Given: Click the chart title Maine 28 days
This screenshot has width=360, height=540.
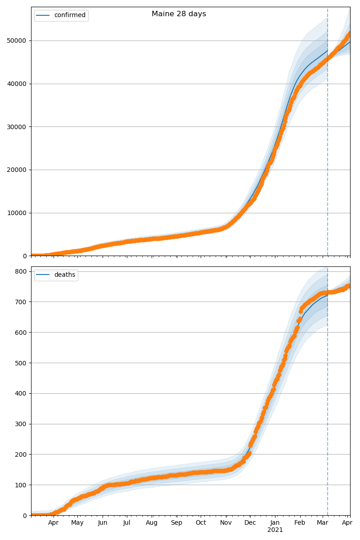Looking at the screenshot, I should pyautogui.click(x=179, y=14).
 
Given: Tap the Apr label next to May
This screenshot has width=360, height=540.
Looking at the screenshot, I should pyautogui.click(x=54, y=523).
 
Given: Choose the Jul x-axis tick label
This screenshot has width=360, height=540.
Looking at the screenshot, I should pyautogui.click(x=126, y=523).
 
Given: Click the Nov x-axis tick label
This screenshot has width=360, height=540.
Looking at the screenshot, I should pyautogui.click(x=226, y=523).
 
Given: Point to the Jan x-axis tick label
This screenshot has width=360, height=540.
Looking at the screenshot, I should pyautogui.click(x=275, y=523).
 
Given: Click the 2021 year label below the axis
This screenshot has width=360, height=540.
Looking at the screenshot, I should pyautogui.click(x=275, y=530).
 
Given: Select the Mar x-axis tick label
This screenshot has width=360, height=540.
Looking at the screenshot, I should pyautogui.click(x=323, y=523).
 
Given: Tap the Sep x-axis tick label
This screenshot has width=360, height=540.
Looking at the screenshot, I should pyautogui.click(x=176, y=523).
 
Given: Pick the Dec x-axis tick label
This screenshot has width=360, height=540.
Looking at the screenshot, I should pyautogui.click(x=250, y=523).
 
